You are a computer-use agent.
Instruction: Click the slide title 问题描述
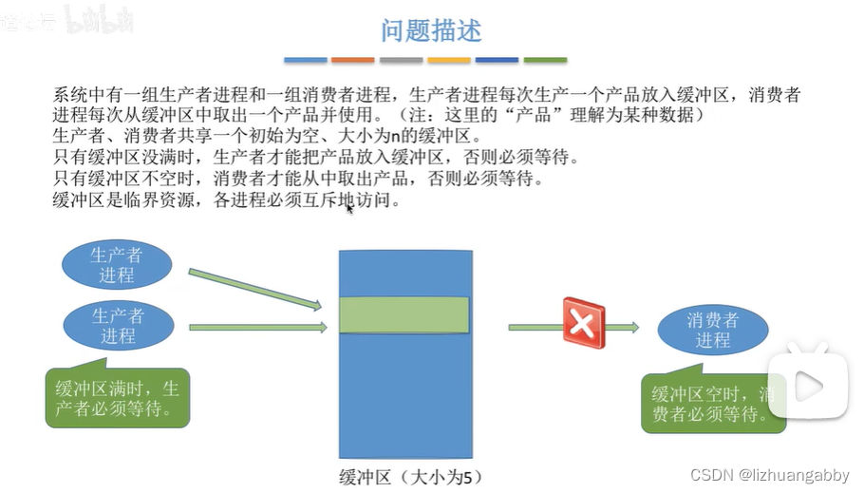coord(431,30)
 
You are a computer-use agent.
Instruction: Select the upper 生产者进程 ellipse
coord(117,265)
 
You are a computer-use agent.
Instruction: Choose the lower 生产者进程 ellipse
coord(118,325)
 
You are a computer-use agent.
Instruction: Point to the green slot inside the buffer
coord(404,315)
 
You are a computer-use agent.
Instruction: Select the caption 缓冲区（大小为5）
coord(404,476)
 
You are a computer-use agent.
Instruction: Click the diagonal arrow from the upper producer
coord(254,289)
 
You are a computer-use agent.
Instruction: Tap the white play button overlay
coord(808,385)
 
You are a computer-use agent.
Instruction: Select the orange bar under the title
coord(353,60)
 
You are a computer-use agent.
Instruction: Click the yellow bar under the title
coord(449,60)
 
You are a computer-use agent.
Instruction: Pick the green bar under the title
coord(545,60)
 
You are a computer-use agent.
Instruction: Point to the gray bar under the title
coord(401,60)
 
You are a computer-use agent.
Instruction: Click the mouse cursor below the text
coord(349,207)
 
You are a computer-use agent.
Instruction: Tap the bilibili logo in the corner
coord(99,21)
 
